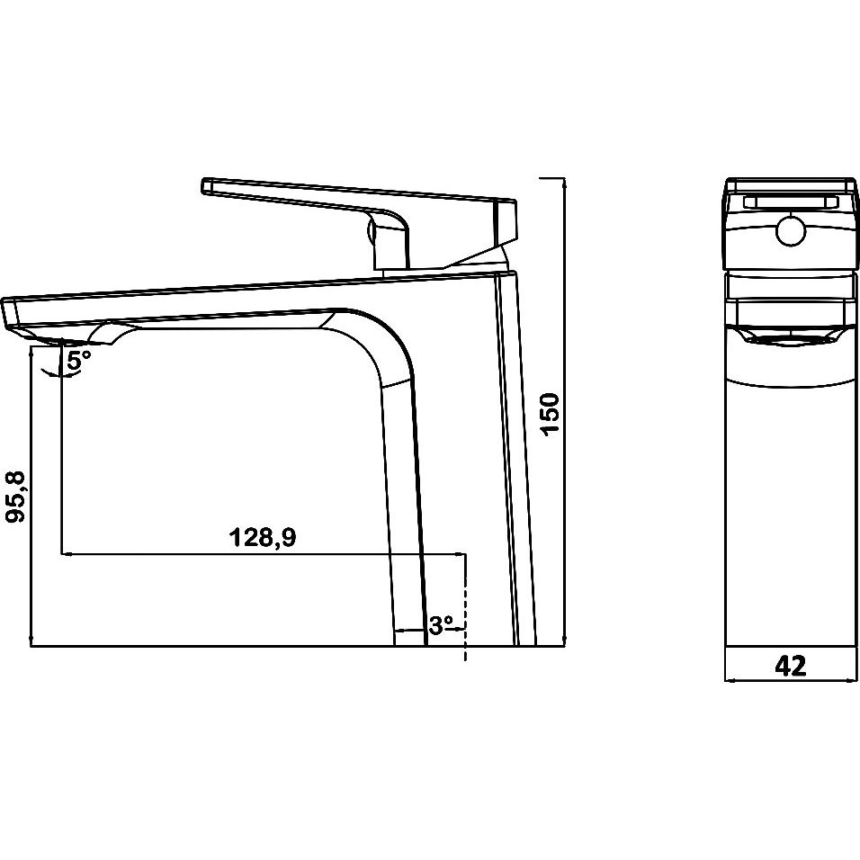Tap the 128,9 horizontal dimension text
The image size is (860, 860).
coord(262,537)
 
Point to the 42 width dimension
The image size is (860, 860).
coord(791,666)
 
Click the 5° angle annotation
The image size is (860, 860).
coord(79,360)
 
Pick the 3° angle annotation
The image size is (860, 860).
coord(441,624)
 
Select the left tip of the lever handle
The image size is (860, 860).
coord(203,184)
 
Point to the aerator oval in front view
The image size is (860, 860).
coord(791,341)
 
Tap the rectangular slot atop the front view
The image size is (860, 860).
coord(791,203)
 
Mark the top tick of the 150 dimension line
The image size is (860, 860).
coord(552,178)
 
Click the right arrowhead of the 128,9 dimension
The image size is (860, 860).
coord(461,553)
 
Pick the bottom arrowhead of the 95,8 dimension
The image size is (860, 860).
coord(31,641)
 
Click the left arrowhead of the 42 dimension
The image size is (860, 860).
coord(729,680)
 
